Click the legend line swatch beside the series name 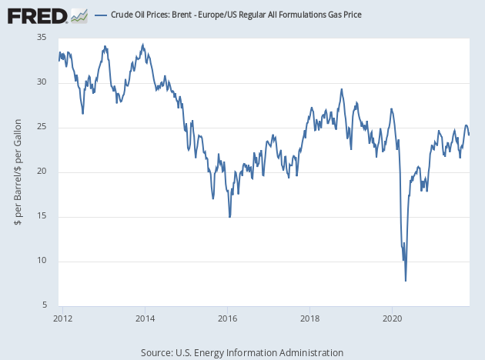pyautogui.click(x=100, y=15)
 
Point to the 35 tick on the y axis pyautogui.click(x=42, y=38)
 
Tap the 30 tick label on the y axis pyautogui.click(x=42, y=82)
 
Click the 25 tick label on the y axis pyautogui.click(x=42, y=127)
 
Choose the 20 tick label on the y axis pyautogui.click(x=42, y=172)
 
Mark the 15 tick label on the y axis pyautogui.click(x=42, y=216)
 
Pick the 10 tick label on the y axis pyautogui.click(x=42, y=261)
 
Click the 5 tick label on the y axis pyautogui.click(x=44, y=305)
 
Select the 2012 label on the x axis pyautogui.click(x=63, y=316)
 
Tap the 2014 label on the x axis pyautogui.click(x=145, y=316)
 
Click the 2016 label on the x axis pyautogui.click(x=228, y=316)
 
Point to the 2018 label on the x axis pyautogui.click(x=310, y=316)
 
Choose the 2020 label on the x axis pyautogui.click(x=393, y=316)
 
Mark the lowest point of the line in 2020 pyautogui.click(x=406, y=281)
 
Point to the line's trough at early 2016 pyautogui.click(x=229, y=217)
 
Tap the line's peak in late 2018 pyautogui.click(x=342, y=89)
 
